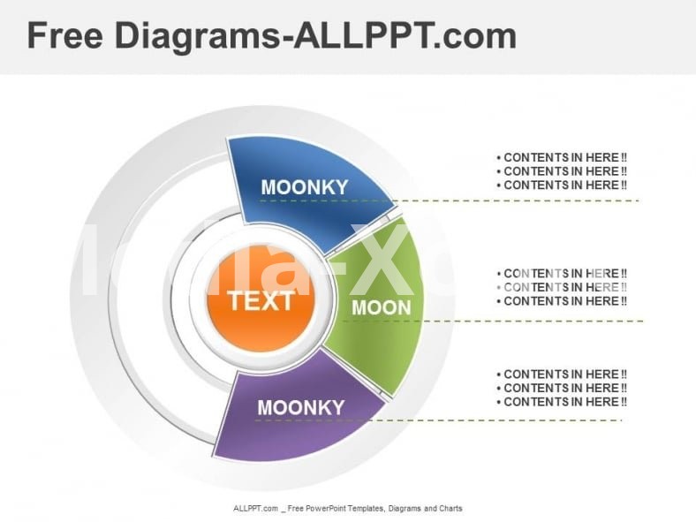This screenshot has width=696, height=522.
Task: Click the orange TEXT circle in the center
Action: (261, 300)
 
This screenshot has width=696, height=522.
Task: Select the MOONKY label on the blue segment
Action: (305, 187)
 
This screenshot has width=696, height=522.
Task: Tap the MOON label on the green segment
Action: (382, 308)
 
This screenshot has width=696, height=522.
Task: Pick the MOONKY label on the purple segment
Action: (300, 407)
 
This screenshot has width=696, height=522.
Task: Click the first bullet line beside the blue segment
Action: (563, 158)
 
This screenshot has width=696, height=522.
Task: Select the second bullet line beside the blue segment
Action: (563, 171)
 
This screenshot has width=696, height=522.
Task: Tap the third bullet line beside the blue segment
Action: (563, 185)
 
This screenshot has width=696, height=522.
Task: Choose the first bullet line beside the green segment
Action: (563, 274)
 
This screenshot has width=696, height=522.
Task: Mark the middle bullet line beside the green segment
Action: (563, 287)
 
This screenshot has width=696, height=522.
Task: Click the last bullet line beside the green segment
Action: (563, 301)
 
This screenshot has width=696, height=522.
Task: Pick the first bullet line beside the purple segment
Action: (563, 374)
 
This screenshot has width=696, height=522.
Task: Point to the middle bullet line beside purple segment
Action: (563, 389)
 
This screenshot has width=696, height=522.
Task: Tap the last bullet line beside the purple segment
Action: (563, 402)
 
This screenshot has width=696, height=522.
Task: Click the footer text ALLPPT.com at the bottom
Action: (256, 509)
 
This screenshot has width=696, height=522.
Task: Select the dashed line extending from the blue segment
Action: (530, 200)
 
